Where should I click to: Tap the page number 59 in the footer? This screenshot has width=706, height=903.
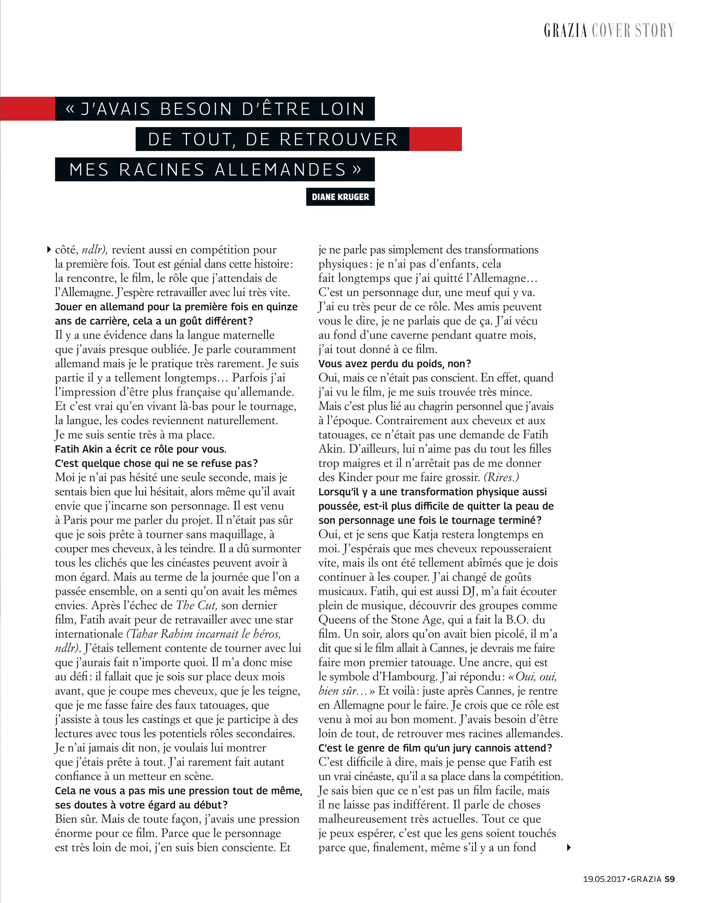[x=670, y=879]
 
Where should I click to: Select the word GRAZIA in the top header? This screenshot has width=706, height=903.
[x=566, y=31]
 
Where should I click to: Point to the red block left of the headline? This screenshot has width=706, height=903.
[x=27, y=109]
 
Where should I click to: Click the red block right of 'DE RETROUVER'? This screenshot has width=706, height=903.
[x=435, y=139]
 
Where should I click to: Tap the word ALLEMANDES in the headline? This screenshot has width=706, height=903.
[x=280, y=169]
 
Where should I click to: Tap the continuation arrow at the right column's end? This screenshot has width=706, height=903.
[x=569, y=847]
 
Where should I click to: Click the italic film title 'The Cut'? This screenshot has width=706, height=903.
[x=197, y=605]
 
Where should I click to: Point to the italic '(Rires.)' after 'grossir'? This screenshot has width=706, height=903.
[x=501, y=477]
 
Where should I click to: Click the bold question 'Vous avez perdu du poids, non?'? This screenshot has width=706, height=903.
[x=395, y=364]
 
